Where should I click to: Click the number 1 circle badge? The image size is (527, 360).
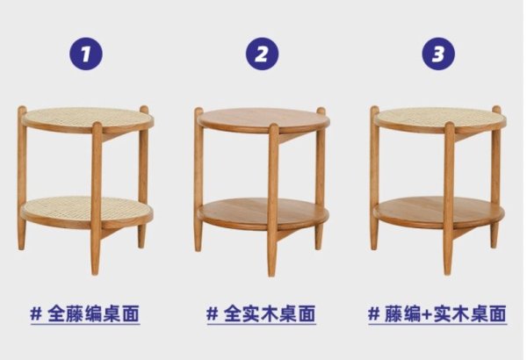[x=86, y=54]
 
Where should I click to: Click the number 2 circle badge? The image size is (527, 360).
[x=262, y=54]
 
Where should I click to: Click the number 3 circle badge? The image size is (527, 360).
[x=438, y=54]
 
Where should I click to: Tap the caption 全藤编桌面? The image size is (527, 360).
[x=93, y=314]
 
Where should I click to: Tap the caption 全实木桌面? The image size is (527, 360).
[x=270, y=314]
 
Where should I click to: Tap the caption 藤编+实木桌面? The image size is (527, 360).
[x=445, y=314]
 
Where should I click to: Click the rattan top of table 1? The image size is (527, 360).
[x=87, y=118]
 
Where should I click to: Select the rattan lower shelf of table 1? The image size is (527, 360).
[x=87, y=207]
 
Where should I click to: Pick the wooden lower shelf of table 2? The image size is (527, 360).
[x=263, y=210]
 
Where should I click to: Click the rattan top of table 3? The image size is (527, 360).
[x=440, y=118]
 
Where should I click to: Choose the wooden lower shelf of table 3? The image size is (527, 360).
[x=439, y=209]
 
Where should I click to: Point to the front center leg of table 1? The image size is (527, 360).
[x=97, y=198]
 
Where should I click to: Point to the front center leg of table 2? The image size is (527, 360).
[x=273, y=200]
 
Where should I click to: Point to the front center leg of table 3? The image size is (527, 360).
[x=449, y=198]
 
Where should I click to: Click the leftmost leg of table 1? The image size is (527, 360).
[x=22, y=178]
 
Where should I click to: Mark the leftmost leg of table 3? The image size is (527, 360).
[x=374, y=178]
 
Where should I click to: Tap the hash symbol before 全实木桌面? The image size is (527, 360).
[x=213, y=314]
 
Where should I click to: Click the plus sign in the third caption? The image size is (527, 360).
[x=427, y=314]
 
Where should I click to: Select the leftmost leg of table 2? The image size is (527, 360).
[x=199, y=179]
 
